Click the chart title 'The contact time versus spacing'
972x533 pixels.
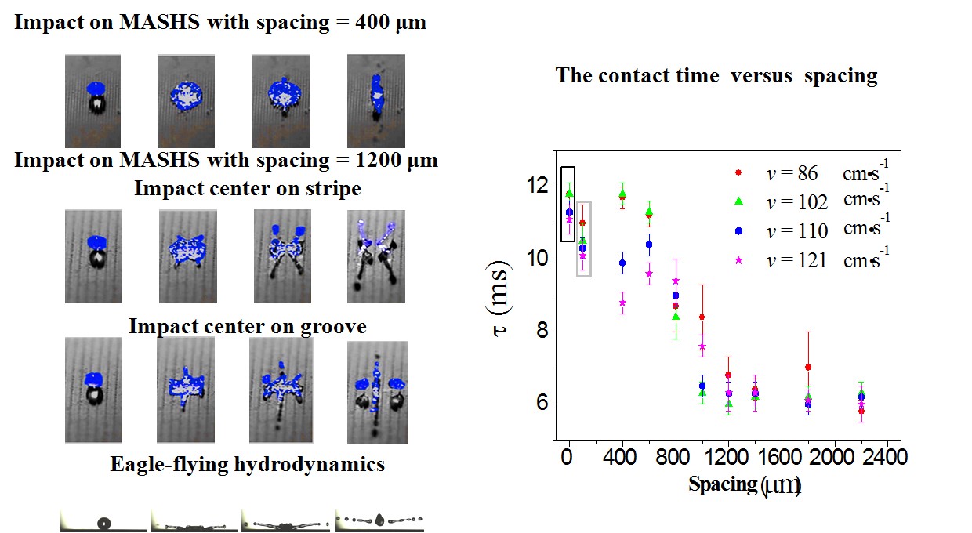pyautogui.click(x=716, y=76)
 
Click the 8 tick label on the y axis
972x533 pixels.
pyautogui.click(x=541, y=332)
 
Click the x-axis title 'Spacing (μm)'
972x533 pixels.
pyautogui.click(x=744, y=484)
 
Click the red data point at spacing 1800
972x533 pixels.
pyautogui.click(x=807, y=367)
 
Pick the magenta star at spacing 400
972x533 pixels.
pyautogui.click(x=622, y=303)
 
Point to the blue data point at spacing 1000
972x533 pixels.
pyautogui.click(x=702, y=386)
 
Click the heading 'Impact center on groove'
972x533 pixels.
pyautogui.click(x=247, y=326)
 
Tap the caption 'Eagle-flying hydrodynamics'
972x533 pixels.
pyautogui.click(x=247, y=465)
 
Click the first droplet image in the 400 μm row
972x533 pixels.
pyautogui.click(x=92, y=101)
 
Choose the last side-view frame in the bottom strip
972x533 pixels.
pyautogui.click(x=379, y=520)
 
